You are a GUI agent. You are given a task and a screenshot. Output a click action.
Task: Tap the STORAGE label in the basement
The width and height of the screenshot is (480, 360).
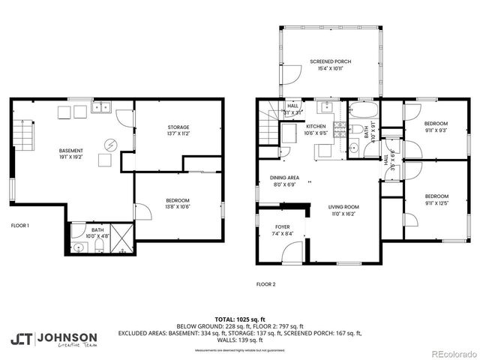[x=178, y=127]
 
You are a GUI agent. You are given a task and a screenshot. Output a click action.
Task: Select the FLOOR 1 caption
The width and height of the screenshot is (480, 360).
[x=19, y=225]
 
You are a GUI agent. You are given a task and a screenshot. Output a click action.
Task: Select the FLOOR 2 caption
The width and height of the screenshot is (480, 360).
[x=265, y=284]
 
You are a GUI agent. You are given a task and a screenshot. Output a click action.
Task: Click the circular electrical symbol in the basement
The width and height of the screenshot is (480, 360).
[x=110, y=144]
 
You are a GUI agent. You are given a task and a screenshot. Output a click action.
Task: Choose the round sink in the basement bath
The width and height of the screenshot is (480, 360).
[x=78, y=246]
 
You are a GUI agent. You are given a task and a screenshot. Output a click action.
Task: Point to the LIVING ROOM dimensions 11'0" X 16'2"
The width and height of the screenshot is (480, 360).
[x=344, y=214]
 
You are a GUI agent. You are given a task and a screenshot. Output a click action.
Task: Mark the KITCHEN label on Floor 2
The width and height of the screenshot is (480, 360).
[x=315, y=127]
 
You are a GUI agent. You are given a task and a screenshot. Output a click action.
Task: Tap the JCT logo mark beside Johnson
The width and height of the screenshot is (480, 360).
[x=20, y=338]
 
